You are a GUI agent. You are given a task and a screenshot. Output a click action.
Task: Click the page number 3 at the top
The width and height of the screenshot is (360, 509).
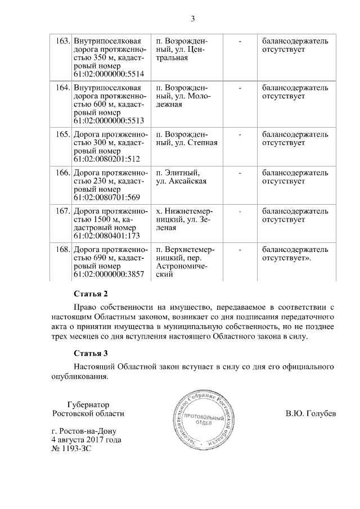pos(192,19)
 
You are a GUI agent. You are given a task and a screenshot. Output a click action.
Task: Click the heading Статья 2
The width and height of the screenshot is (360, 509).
pos(91,294)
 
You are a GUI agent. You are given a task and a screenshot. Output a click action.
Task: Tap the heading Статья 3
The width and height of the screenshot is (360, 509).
pos(91,353)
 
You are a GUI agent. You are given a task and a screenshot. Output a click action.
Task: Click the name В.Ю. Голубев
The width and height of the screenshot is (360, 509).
pos(310,414)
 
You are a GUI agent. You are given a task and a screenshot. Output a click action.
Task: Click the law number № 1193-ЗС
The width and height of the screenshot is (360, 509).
pos(71,448)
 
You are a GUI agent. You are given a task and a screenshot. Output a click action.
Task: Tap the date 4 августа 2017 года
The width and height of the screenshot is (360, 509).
pos(86,439)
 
